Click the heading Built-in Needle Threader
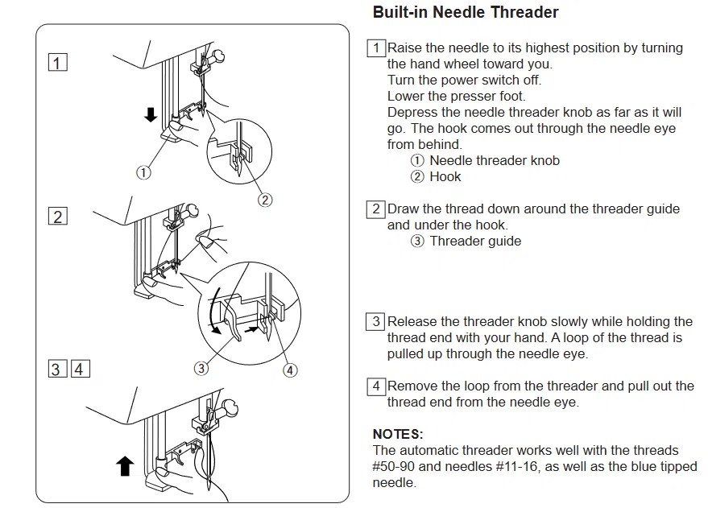[466, 14]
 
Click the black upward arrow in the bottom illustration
[125, 466]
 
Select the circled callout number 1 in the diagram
[143, 171]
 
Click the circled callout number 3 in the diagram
[201, 369]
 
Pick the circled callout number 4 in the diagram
[291, 370]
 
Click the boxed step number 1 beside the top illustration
[57, 63]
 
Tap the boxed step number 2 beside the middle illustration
[57, 216]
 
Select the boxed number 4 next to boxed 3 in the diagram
[80, 370]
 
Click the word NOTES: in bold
[398, 435]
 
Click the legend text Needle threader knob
[494, 160]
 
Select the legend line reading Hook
[445, 176]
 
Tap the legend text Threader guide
[475, 241]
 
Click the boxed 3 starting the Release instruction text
[375, 322]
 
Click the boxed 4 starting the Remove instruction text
[375, 386]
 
